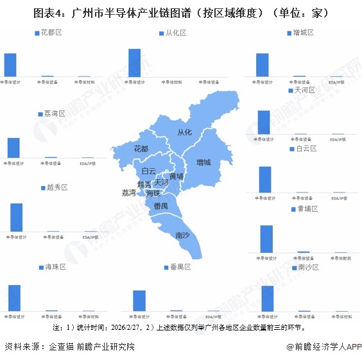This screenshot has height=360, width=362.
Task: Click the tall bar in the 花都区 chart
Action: coord(10,64)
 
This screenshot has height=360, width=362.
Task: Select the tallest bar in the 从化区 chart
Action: coord(134,62)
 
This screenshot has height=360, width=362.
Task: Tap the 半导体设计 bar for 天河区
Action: coord(263,122)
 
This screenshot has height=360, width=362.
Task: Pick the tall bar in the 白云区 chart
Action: coord(264,179)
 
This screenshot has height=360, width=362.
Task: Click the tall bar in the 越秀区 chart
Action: coord(17,217)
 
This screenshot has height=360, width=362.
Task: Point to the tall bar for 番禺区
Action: coord(139,300)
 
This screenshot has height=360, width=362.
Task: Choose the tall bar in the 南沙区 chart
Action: coord(268,298)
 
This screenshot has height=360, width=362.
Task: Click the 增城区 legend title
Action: coord(302,32)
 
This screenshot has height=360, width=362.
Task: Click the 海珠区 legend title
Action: coord(55,266)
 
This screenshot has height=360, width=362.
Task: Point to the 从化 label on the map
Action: coord(184,132)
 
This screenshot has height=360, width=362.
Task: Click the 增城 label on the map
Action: coord(204,162)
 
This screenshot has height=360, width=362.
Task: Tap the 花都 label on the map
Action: coord(141,149)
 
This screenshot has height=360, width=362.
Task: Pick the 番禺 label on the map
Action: coord(160,205)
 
